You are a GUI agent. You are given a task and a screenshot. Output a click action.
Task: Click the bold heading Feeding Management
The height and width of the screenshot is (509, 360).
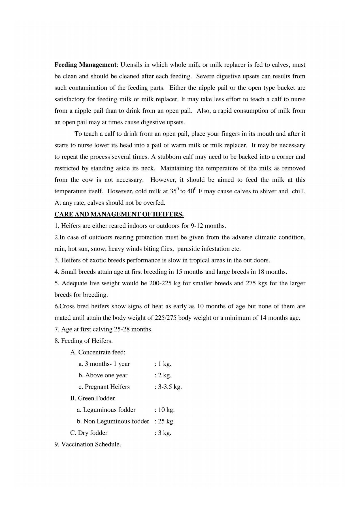coord(85,65)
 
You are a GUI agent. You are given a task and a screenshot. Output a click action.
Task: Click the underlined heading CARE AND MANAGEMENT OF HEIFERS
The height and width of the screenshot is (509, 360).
coord(119,215)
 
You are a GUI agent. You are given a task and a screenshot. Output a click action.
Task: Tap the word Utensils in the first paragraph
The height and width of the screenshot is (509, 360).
coord(131,65)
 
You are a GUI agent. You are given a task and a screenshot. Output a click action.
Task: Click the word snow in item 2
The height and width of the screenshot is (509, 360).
coord(98,249)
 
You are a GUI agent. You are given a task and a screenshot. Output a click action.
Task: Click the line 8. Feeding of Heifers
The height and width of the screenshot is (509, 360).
coord(84,341)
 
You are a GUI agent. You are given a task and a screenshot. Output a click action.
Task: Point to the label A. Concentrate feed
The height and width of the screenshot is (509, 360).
coord(98,352)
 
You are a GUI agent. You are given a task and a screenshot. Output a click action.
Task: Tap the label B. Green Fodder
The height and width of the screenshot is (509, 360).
coord(93,398)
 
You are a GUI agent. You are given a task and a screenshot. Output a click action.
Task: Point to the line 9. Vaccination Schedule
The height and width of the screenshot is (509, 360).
coord(88,444)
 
